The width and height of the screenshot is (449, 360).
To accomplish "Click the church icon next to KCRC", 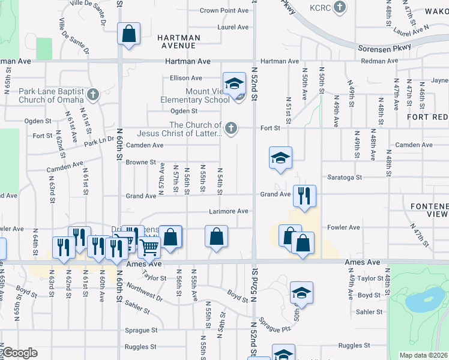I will pyautogui.click(x=340, y=7).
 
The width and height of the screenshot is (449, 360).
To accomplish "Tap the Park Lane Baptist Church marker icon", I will pyautogui.click(x=92, y=94).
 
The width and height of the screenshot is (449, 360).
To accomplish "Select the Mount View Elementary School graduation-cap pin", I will pyautogui.click(x=234, y=83).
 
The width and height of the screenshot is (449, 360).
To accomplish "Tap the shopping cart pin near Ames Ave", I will pyautogui.click(x=149, y=246).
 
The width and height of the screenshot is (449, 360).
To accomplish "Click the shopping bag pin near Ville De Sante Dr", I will pyautogui.click(x=129, y=34).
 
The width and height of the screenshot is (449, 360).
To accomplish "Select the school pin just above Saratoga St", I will pyautogui.click(x=280, y=158).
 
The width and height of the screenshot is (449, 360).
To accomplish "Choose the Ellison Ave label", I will pyautogui.click(x=185, y=78).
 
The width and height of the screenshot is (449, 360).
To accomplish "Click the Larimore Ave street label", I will pyautogui.click(x=228, y=211).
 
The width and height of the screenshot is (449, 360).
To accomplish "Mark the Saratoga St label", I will pyautogui.click(x=345, y=177).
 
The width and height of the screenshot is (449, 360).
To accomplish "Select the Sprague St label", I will pyautogui.click(x=142, y=330).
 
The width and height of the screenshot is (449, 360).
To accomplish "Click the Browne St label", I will pyautogui.click(x=140, y=162).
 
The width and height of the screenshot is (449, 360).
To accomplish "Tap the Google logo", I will pyautogui.click(x=20, y=353).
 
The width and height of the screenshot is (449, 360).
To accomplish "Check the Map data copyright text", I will pyautogui.click(x=423, y=355).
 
